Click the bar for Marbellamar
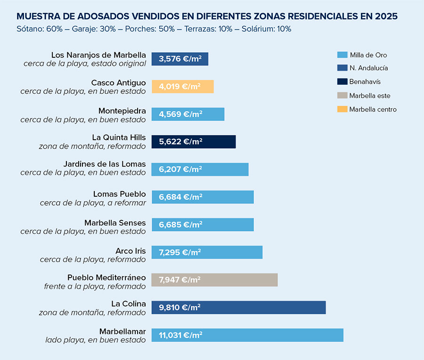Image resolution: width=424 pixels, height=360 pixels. (x=247, y=335)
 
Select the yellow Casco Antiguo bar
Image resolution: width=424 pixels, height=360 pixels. (x=182, y=87)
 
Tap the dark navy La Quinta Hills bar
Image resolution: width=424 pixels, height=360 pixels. (x=193, y=142)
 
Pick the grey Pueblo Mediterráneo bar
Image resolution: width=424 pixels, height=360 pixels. (x=214, y=280)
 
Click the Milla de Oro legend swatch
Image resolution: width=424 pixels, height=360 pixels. (x=342, y=55)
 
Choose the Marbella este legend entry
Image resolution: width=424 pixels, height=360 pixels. (x=369, y=96)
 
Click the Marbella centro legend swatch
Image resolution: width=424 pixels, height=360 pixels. (x=342, y=109)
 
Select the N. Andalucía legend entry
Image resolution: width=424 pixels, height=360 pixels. (x=368, y=68)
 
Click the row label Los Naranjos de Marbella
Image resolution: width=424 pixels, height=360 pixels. (x=98, y=55)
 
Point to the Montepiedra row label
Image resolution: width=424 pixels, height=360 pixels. (x=122, y=111)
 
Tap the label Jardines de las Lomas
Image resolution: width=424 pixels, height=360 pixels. (x=105, y=164)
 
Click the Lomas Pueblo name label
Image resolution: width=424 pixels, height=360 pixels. (x=120, y=194)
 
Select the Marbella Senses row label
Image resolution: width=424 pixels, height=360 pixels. (x=115, y=223)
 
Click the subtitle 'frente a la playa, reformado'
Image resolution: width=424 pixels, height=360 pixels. (x=95, y=286)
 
